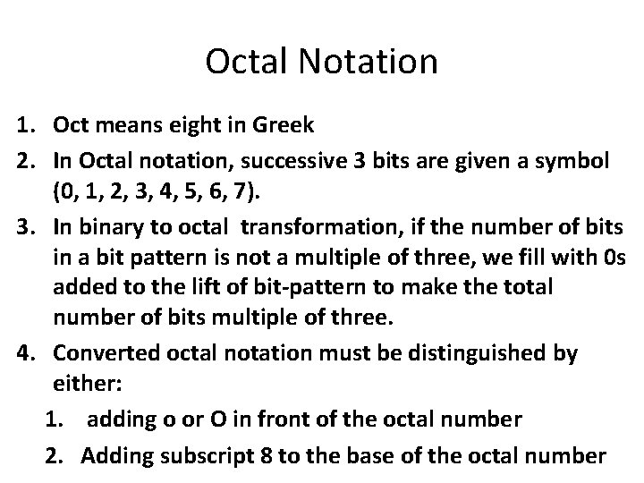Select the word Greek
[283, 125]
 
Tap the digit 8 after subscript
[266, 456]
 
